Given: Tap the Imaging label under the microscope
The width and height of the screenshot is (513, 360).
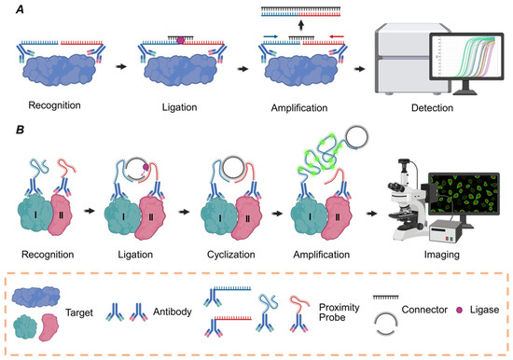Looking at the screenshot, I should click(428, 253).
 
